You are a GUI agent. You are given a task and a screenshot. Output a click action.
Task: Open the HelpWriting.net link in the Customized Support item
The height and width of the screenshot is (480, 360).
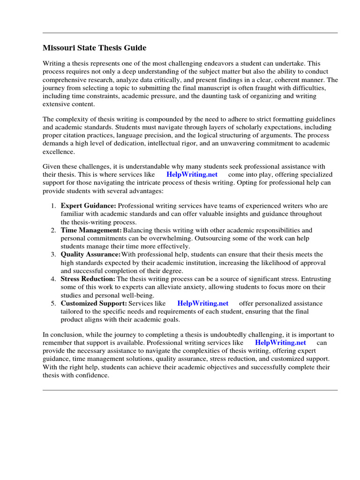[203, 303]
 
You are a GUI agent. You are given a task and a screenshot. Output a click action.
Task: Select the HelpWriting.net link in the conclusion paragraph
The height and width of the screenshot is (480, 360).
[280, 343]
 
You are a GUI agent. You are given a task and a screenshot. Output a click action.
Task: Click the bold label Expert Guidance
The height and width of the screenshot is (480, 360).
[88, 206]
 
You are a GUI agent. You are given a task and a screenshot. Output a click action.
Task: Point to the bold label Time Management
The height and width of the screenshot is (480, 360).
[91, 230]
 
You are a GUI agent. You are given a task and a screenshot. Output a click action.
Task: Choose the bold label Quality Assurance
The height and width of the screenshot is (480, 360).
[90, 255]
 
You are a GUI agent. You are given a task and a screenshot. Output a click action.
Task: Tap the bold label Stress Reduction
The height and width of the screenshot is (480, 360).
[88, 279]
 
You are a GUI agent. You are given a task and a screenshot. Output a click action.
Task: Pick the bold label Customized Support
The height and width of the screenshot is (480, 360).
[94, 303]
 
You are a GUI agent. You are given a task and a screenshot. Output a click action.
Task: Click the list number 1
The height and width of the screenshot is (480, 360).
[53, 206]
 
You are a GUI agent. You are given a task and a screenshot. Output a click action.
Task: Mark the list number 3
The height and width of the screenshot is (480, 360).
[53, 255]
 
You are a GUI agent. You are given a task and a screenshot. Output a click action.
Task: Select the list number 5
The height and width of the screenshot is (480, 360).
[53, 303]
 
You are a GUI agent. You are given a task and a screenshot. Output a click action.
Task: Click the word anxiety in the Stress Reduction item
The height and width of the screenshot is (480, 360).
[181, 287]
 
